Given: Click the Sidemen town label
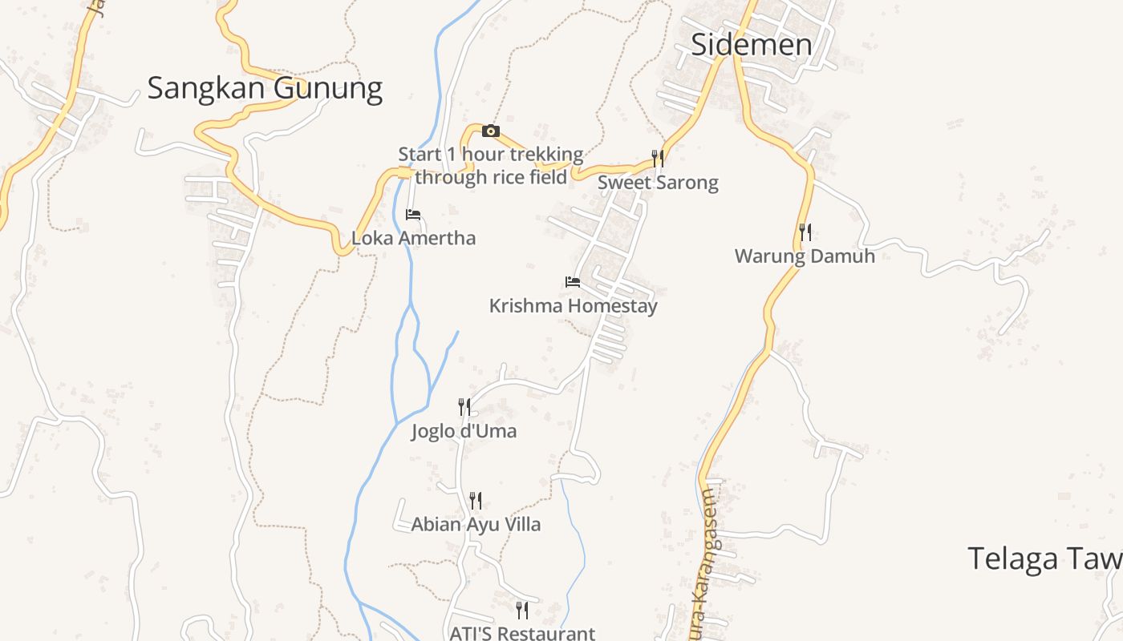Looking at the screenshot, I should pos(751,45).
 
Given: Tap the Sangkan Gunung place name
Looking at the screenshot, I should pos(265,88).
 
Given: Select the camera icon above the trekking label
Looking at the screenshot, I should pos(491,131).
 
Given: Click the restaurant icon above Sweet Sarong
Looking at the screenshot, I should pos(658,158).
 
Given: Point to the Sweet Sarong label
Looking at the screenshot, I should pos(658,183).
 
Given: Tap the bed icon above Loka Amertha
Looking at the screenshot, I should pos(413,214).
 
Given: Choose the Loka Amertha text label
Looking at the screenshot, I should pos(413,238).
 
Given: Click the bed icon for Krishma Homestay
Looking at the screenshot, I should pos(573,281).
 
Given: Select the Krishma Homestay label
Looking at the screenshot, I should pos(573,306).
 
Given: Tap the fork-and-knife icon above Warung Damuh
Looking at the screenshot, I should pos(805,232).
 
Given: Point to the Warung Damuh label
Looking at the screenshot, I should pos(805,256).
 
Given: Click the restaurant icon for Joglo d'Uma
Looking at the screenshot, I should pos(464,407).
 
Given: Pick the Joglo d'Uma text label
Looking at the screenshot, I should pos(464,432).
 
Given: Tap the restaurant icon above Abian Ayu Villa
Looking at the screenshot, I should pos(476,501).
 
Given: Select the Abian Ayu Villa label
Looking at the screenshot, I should pos(476,525).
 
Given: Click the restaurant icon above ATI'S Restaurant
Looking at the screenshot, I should pos(522,611).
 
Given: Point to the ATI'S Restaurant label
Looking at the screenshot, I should pos(522,633).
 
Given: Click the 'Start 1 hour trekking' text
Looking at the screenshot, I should pos(491,154).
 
